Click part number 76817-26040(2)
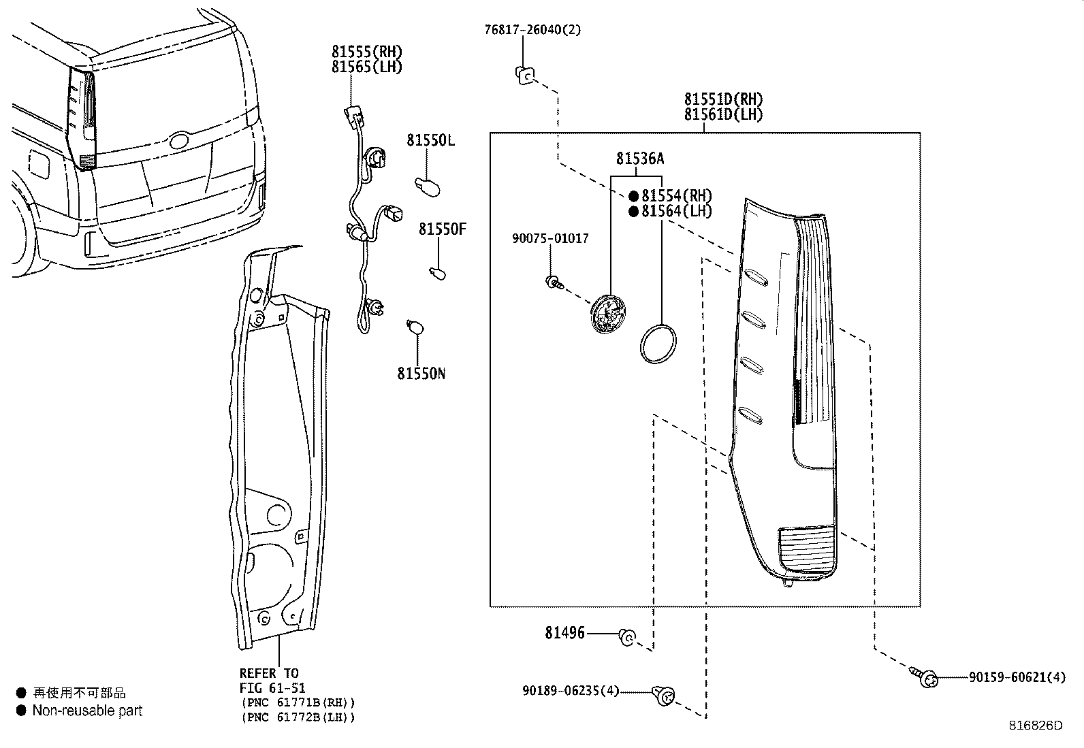pos(532,30)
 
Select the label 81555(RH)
pos(367,52)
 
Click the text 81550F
pos(442,229)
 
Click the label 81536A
pos(639,159)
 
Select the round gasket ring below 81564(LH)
pos(658,342)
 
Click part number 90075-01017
pos(550,239)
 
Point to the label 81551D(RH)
pos(724,99)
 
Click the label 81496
pos(564,633)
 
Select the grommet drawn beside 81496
pos(626,637)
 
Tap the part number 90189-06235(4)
pos(571,690)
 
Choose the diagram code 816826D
pos(1035,726)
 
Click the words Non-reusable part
pos(87,711)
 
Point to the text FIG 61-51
pos(272,688)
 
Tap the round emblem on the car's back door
pos(179,141)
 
